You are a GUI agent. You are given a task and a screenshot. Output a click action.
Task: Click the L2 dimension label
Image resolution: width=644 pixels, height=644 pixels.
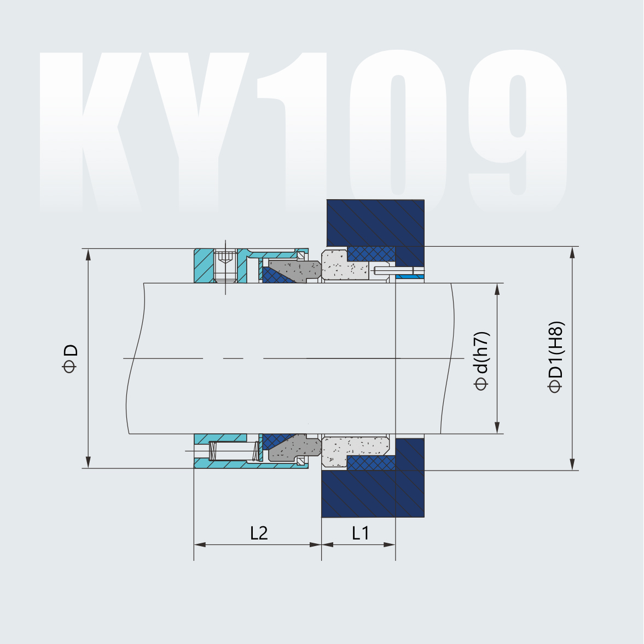coord(259,532)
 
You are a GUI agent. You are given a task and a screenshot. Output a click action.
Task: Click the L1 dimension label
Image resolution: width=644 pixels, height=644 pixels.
coord(360,532)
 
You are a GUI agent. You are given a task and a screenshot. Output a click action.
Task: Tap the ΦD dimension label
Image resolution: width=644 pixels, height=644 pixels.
coord(71,358)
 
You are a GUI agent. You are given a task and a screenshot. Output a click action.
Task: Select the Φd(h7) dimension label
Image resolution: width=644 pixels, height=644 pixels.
coord(481,361)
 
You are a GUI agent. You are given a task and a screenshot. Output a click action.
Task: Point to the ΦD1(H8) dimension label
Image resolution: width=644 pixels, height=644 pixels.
coord(555,357)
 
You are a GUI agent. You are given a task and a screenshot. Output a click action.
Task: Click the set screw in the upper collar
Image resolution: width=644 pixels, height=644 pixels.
coord(225,266)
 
